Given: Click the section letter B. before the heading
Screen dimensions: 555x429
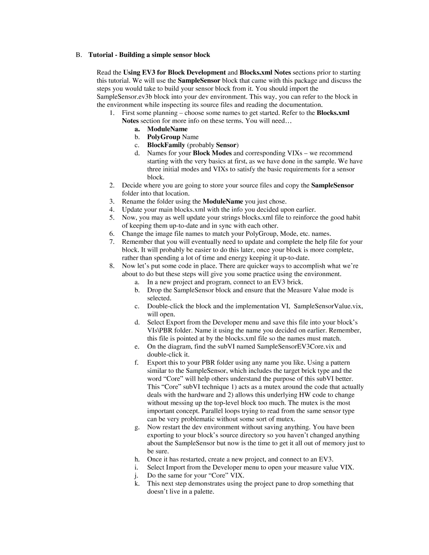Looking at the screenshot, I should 79,55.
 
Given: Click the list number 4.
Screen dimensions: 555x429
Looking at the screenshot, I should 112,210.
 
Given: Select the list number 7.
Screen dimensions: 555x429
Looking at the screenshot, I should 112,242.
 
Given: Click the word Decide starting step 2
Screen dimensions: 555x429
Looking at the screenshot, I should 132,185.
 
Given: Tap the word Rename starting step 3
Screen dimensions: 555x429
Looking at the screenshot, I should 133,202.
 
